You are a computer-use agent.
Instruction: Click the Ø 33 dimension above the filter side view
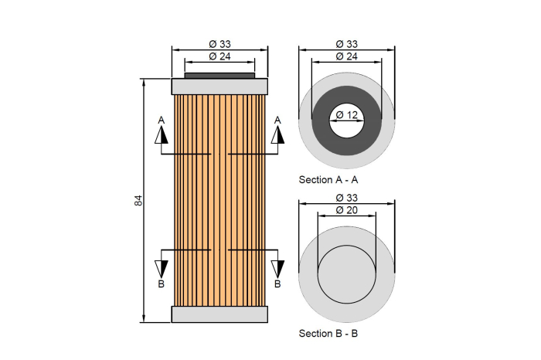tap(219, 43)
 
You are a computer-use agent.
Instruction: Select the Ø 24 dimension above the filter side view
tap(219, 56)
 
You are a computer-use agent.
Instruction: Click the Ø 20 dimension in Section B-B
tap(346, 209)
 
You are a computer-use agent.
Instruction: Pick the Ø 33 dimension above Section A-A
tap(346, 43)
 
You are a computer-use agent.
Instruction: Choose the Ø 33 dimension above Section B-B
tap(346, 197)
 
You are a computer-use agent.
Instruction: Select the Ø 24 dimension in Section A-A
tap(346, 56)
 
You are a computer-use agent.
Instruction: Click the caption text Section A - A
tap(328, 179)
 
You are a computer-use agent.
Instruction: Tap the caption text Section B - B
tap(328, 334)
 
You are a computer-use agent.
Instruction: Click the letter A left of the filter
tap(161, 120)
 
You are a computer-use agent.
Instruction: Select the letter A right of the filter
tap(277, 120)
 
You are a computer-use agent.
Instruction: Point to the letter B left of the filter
tap(161, 284)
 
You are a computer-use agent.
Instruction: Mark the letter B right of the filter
tap(277, 284)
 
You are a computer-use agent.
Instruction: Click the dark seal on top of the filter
tap(219, 76)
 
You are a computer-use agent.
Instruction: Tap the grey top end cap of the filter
tap(219, 86)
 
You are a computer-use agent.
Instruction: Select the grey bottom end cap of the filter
tap(219, 314)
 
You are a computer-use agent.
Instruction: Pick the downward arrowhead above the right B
tap(277, 268)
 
